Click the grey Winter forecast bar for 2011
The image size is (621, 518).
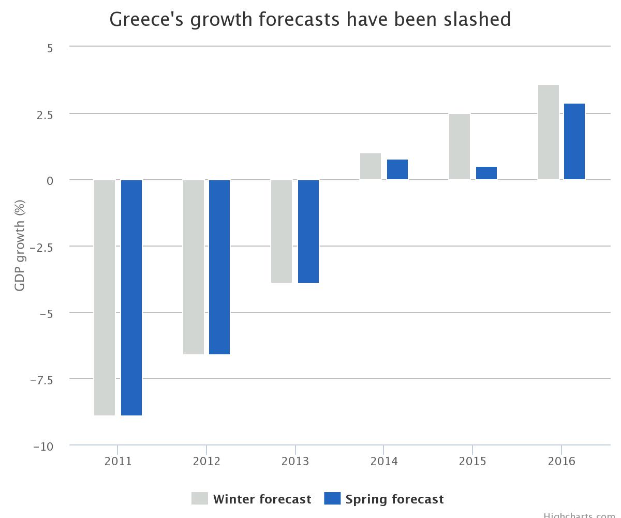[105, 297]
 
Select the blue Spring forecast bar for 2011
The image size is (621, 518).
[131, 297]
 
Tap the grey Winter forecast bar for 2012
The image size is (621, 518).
[194, 267]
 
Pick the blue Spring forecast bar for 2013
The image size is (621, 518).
[308, 231]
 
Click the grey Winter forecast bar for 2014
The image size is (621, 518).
[371, 166]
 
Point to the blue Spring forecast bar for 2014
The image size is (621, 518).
[397, 169]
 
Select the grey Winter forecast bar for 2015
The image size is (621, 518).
[460, 147]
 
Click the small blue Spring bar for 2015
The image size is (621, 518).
[486, 173]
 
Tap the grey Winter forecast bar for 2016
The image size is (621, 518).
[549, 132]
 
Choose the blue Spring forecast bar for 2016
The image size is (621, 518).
[574, 141]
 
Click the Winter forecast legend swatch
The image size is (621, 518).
[200, 498]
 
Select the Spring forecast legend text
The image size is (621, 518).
[394, 499]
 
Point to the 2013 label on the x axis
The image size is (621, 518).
[295, 461]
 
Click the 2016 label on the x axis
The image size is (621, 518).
[561, 461]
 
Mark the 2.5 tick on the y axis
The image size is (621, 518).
[45, 114]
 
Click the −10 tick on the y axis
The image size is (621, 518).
[43, 447]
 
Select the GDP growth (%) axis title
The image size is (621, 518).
[20, 245]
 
